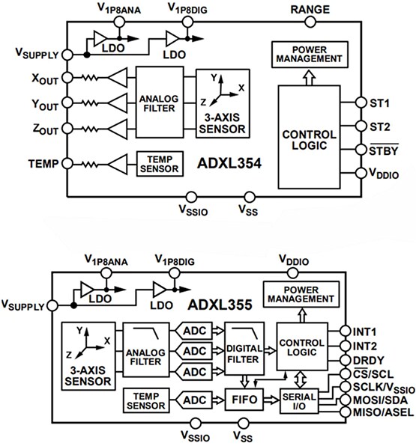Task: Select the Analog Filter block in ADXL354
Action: [x=157, y=101]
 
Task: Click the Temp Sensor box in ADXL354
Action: [x=159, y=165]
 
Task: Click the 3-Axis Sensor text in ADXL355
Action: [x=88, y=375]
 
